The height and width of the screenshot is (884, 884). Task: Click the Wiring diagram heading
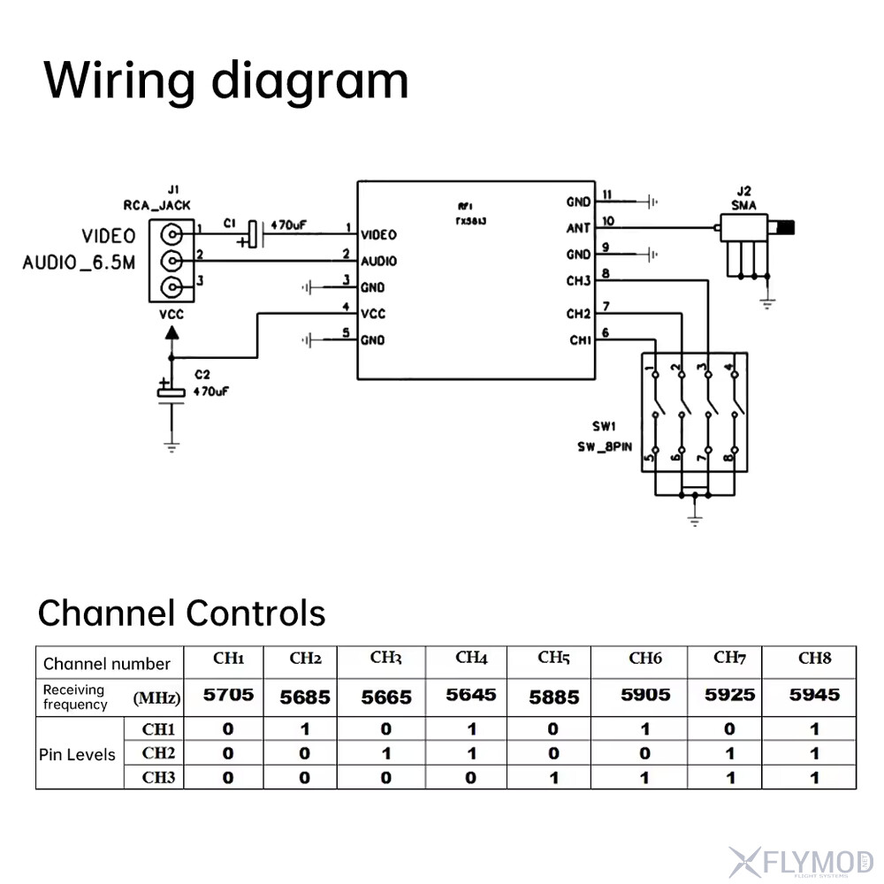226,80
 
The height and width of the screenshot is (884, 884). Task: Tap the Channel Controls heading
181,613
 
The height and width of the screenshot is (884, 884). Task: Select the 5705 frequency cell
228,695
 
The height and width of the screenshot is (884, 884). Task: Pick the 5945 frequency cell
814,695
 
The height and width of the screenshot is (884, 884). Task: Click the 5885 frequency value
553,697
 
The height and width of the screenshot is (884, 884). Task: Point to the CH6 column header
645,659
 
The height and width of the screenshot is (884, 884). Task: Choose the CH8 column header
814,659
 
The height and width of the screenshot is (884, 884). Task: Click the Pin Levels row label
77,754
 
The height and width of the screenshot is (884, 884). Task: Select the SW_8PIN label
606,446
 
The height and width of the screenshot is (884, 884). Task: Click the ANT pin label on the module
578,228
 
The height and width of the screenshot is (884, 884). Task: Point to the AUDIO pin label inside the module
378,262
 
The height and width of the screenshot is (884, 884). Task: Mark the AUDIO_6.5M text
80,263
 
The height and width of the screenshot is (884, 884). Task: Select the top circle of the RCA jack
171,234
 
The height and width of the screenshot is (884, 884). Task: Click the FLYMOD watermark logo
801,858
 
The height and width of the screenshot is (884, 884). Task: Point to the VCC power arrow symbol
171,333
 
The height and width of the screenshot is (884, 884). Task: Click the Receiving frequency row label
75,697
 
